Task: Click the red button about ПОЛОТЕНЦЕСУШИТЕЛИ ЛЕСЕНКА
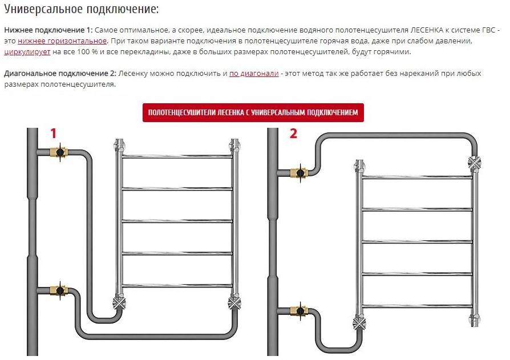pos(253,113)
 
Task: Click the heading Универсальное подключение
pos(82,10)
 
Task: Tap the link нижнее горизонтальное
pos(62,41)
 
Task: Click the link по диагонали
pos(254,74)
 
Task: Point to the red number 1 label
pos(54,134)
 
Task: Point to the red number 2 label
pos(293,134)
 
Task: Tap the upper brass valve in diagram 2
pos(298,171)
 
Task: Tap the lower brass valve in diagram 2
pos(298,310)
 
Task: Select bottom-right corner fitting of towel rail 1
pos(233,301)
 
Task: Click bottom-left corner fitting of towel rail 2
pos(359,323)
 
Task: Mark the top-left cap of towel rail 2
pos(359,165)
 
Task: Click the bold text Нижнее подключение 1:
pos(48,30)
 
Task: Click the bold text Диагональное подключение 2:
pos(60,74)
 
